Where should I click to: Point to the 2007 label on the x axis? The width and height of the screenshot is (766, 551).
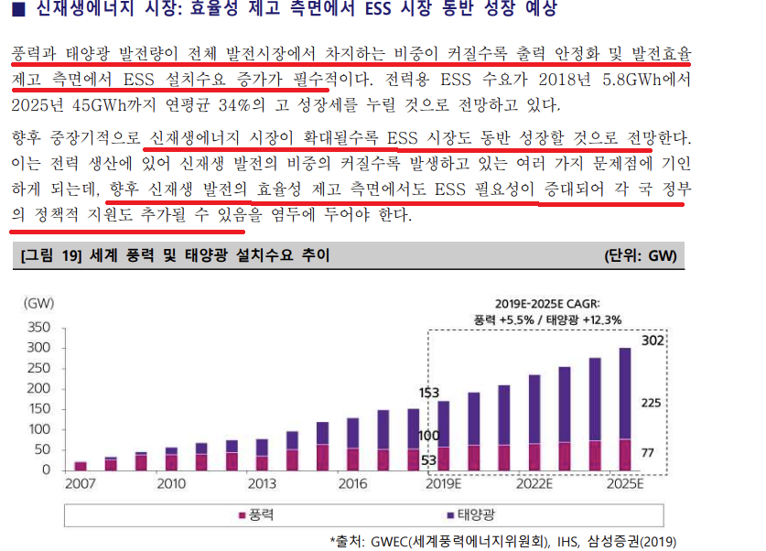(x=81, y=484)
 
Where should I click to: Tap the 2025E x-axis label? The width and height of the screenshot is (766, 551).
(x=626, y=484)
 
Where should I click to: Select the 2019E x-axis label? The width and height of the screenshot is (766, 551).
(x=443, y=484)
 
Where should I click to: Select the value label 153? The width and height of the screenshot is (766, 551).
(x=429, y=393)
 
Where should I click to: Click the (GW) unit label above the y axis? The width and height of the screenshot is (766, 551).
(x=38, y=303)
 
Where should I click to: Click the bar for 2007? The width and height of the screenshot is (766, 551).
(x=81, y=465)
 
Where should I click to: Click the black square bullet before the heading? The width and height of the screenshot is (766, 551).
(x=18, y=10)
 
